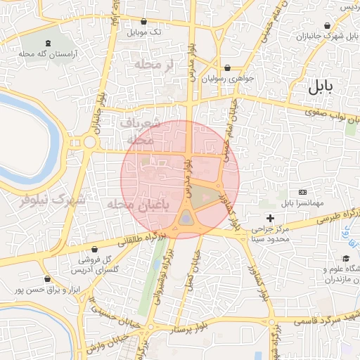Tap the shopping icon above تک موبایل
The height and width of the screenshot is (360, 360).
tap(143, 22)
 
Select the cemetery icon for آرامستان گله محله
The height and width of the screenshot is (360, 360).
tap(47, 42)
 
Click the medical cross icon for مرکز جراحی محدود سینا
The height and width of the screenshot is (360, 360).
tap(271, 219)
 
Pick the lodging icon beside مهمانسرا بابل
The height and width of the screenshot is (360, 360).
tap(303, 192)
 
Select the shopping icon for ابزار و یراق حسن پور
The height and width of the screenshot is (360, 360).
tap(47, 279)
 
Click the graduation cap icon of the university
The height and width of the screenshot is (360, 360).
tap(346, 259)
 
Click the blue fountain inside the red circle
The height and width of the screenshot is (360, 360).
tap(185, 219)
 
